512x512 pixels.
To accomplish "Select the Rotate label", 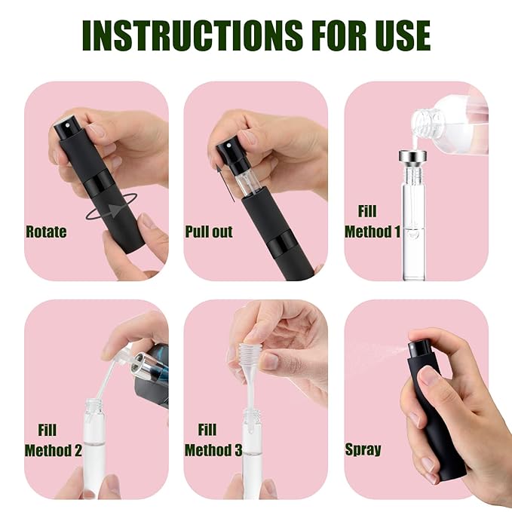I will (46, 231).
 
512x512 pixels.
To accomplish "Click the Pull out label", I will (210, 231).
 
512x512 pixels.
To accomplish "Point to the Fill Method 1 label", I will (372, 222).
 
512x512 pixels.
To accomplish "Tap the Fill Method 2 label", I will (53, 440).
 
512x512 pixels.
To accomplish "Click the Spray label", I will (363, 450).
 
